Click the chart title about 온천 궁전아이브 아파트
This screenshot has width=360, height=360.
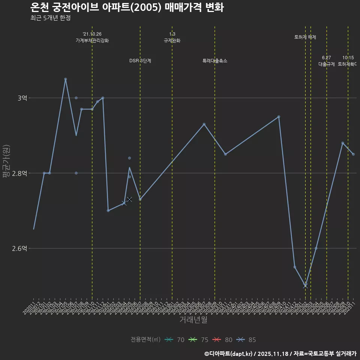127,7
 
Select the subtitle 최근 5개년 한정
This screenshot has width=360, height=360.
50,18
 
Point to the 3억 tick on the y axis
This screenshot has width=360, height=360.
22,98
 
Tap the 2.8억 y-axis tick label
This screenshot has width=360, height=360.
20,173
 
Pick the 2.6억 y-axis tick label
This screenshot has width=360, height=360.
20,248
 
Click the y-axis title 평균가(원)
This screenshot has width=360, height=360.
6,162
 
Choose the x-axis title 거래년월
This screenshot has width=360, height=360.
193,320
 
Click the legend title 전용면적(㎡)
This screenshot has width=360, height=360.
145,340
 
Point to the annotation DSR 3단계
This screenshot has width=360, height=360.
140,61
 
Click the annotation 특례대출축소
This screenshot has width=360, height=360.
215,61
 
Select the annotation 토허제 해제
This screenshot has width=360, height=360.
305,37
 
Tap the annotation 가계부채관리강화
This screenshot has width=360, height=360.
92,40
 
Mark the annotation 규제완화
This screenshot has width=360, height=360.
172,40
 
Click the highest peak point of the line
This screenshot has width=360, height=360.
65,79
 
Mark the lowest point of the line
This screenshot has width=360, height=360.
305,286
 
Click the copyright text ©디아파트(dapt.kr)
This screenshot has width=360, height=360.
229,353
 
